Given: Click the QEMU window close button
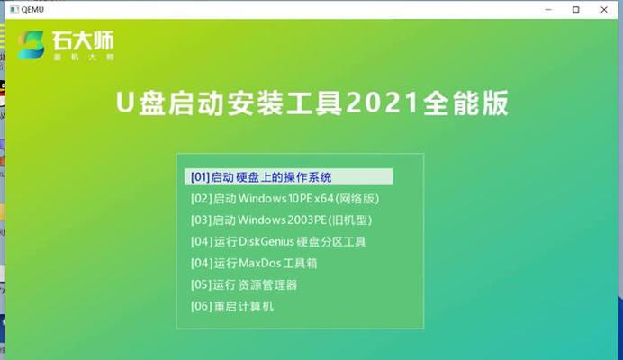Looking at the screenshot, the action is (604, 10).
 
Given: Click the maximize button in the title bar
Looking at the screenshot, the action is (575, 10).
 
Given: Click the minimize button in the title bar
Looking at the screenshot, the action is (548, 10).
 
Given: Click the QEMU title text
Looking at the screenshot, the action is (32, 10).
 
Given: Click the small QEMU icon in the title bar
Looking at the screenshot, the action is (14, 10).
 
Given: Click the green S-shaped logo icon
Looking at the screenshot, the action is (31, 45).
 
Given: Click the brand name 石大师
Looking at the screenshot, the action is (83, 40).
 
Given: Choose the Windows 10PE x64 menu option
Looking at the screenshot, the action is (284, 198).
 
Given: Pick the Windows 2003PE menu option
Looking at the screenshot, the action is (281, 220).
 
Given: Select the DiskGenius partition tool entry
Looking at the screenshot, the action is (278, 241).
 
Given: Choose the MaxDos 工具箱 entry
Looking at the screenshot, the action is (254, 263).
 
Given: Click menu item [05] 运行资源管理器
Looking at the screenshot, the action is (244, 284).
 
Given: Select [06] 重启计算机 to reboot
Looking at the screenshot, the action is (232, 306).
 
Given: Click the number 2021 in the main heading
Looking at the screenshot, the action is (382, 103).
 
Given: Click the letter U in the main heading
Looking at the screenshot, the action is (124, 103).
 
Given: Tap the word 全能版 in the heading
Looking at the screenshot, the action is (465, 103).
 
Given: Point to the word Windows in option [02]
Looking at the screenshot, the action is (263, 198).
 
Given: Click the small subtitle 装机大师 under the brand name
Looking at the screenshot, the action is (84, 58).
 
